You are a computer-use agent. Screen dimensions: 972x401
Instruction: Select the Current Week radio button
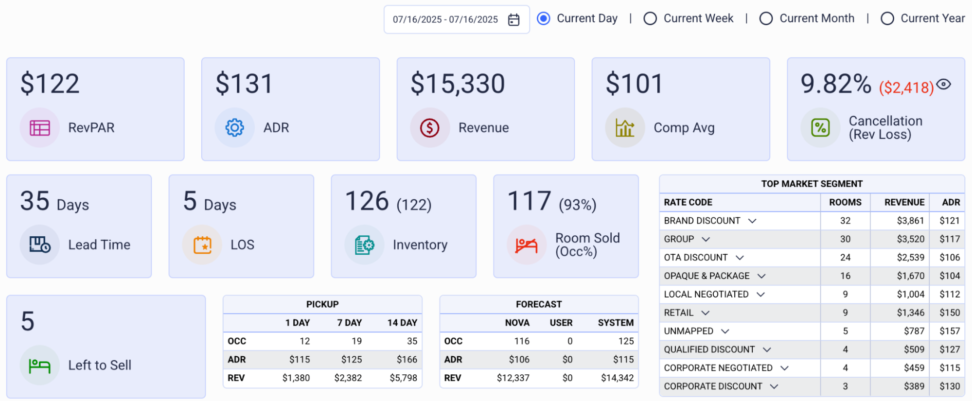(x=650, y=18)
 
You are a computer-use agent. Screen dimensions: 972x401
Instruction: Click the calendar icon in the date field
(x=513, y=19)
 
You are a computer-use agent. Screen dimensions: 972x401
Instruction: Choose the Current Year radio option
(x=887, y=18)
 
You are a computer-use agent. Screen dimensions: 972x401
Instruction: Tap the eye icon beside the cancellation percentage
(x=944, y=84)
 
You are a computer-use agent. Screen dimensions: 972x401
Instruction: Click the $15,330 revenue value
(x=458, y=84)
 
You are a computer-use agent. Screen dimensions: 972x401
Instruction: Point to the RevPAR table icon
(x=40, y=128)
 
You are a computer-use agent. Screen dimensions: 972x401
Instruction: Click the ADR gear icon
(x=235, y=128)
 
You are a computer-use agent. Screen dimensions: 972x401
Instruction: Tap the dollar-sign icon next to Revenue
(x=430, y=128)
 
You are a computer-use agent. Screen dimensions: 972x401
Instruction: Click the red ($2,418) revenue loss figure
(x=906, y=87)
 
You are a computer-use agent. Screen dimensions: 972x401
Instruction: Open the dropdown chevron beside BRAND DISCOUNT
(x=752, y=221)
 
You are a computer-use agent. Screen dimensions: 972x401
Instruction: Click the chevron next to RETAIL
(x=706, y=313)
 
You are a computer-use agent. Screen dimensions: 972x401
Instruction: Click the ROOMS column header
(x=845, y=202)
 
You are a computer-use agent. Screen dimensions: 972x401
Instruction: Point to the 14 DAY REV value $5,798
(x=403, y=378)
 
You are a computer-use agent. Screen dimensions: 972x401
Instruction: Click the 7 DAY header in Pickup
(x=350, y=323)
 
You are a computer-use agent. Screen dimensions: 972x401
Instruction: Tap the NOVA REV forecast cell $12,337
(x=513, y=378)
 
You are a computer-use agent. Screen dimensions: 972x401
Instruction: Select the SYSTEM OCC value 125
(x=626, y=341)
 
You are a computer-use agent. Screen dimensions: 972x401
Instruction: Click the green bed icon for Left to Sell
(x=40, y=365)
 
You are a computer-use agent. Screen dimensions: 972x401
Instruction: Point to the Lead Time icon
(x=40, y=244)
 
